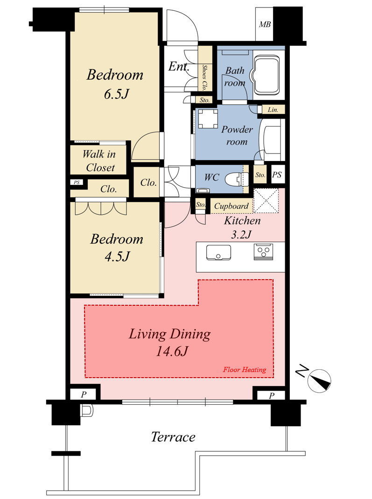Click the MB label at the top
[265, 24]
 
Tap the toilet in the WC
[237, 179]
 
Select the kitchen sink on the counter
[218, 253]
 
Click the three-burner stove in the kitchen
[263, 252]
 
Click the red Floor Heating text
[245, 370]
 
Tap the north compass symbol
[319, 380]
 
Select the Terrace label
[173, 437]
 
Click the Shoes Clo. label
[204, 77]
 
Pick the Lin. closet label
[273, 110]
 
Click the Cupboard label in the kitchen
[232, 206]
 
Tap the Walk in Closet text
[99, 161]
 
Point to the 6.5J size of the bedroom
[117, 94]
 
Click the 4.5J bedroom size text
[117, 256]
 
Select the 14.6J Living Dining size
[172, 351]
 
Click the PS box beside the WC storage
[277, 175]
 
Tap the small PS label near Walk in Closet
[77, 183]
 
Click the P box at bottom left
[84, 394]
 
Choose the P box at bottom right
[271, 395]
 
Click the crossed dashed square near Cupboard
[267, 201]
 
